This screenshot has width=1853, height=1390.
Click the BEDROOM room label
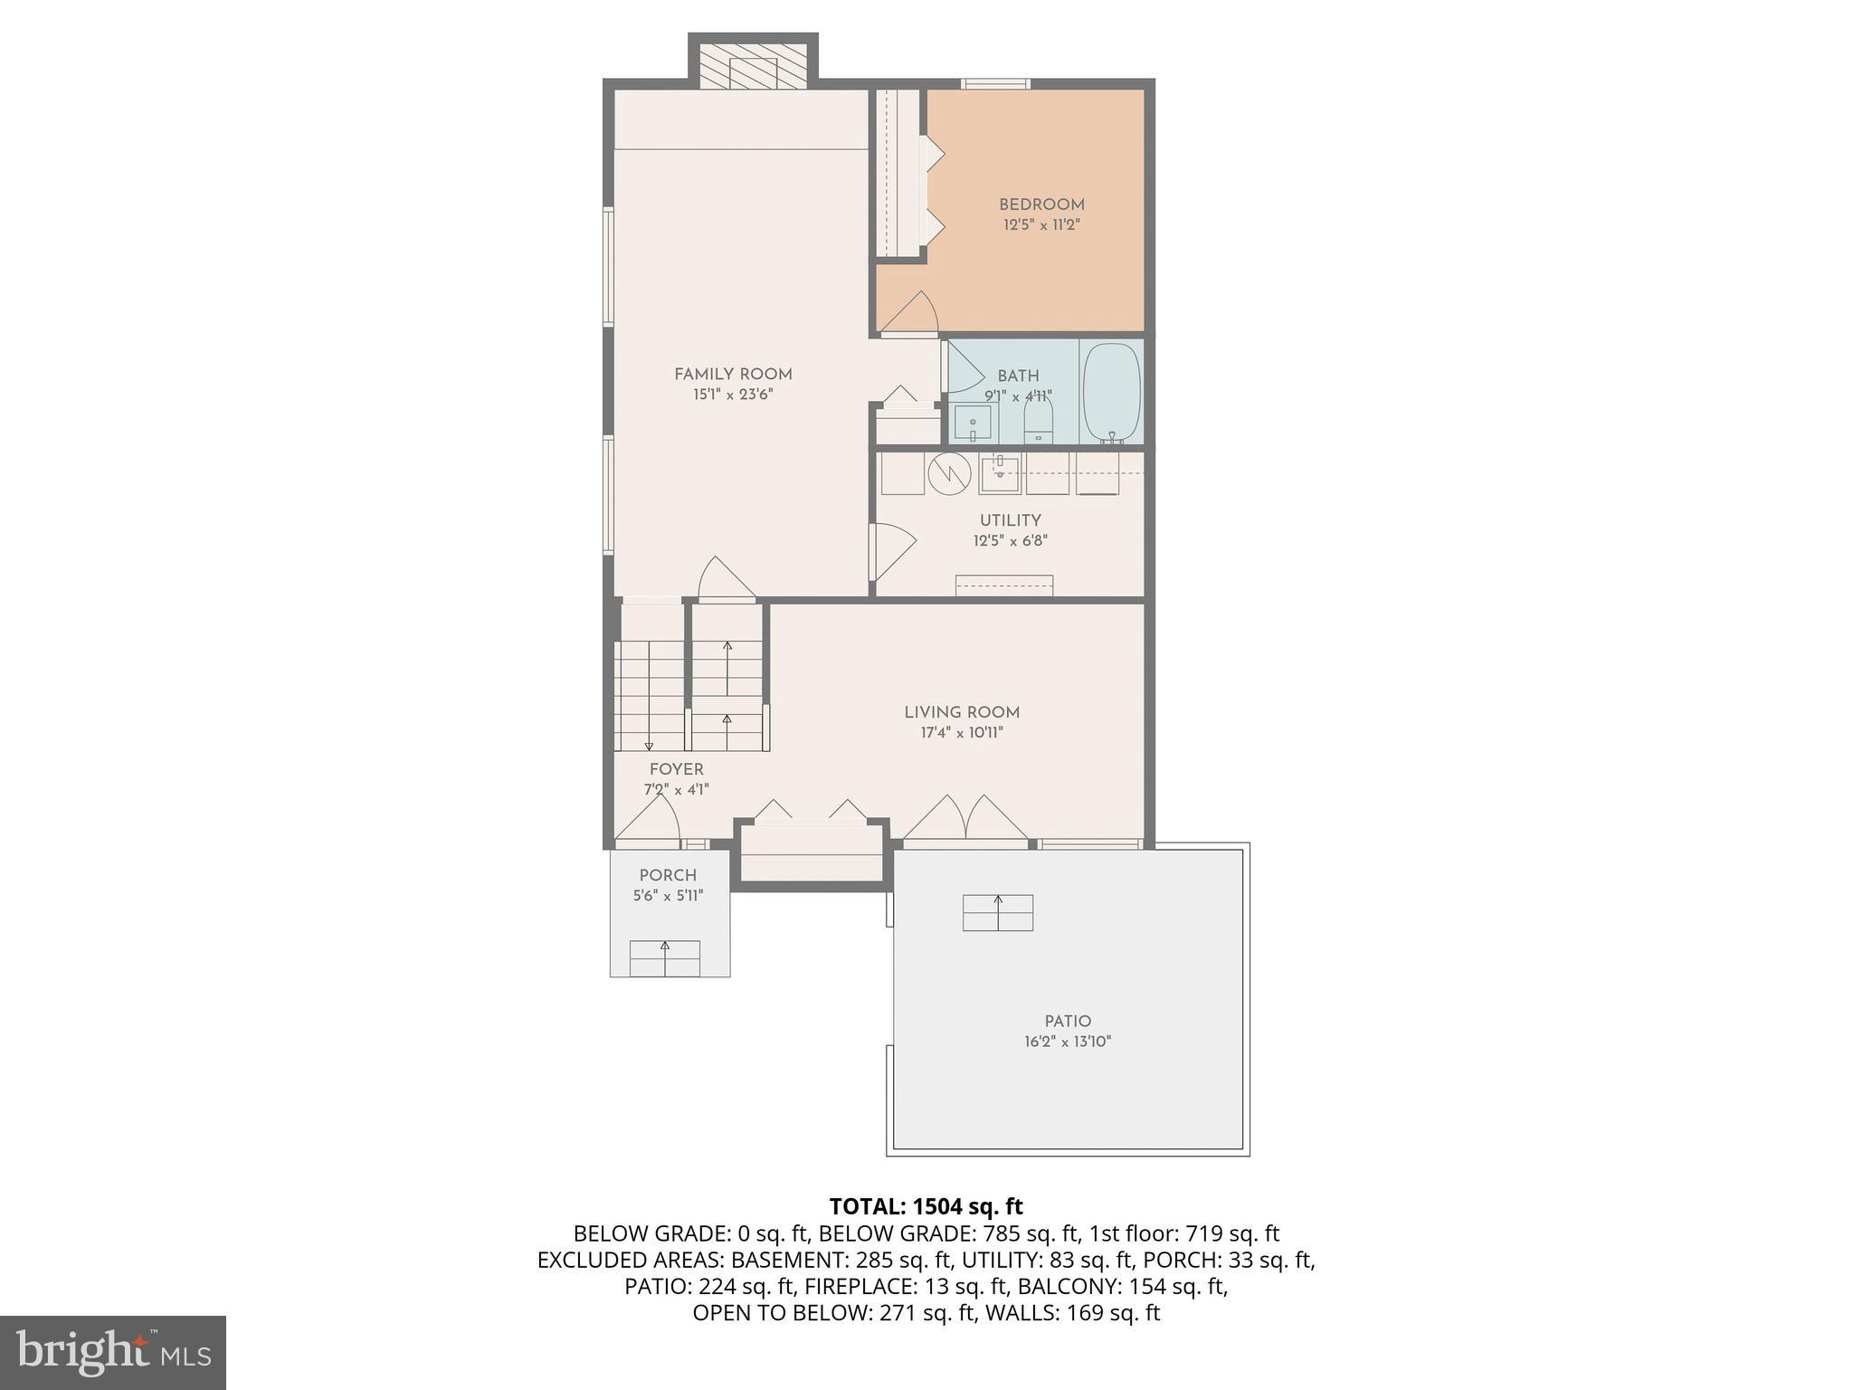(1041, 205)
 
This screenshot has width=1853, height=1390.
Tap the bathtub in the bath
(1112, 392)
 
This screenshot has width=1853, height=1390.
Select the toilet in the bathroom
(1038, 421)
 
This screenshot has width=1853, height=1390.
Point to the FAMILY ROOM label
(733, 374)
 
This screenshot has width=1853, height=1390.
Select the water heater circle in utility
(949, 472)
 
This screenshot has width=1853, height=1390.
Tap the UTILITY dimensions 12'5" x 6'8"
(1010, 541)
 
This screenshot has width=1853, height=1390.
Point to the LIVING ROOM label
(962, 712)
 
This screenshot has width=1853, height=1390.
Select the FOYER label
(676, 769)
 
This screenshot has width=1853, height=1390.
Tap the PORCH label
(668, 875)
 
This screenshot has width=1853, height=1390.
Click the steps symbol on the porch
(665, 958)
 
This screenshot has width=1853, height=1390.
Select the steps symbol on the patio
(998, 912)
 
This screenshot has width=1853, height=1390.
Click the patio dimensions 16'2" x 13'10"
(1068, 1042)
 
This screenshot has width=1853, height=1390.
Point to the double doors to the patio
(966, 819)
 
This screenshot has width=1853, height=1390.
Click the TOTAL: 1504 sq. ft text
(926, 1206)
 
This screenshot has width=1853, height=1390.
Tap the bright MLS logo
(113, 1352)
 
